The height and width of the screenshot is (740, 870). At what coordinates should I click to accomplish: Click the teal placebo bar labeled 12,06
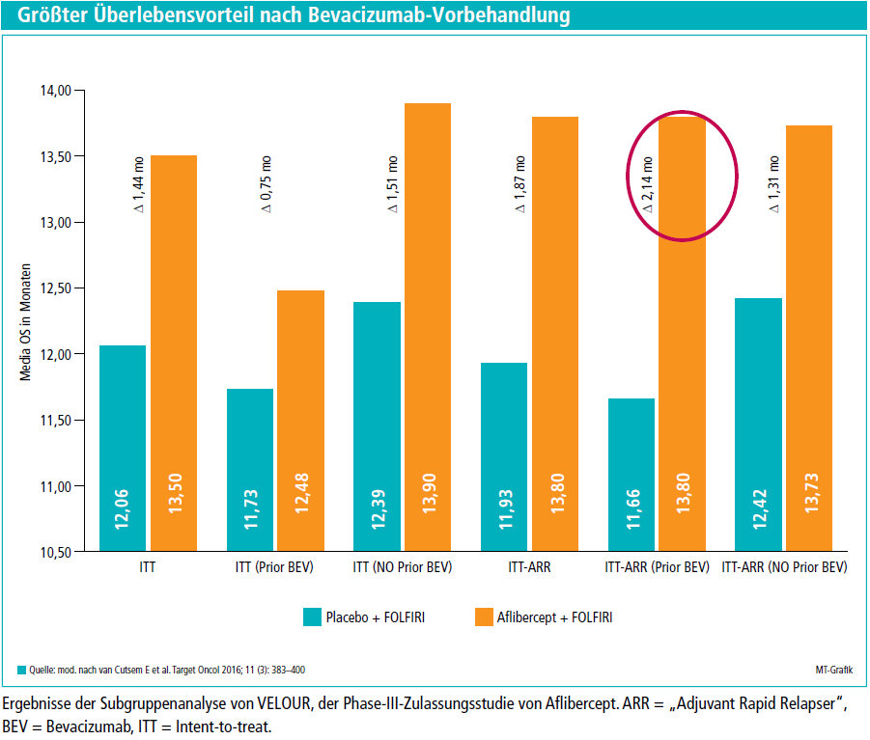coord(123,448)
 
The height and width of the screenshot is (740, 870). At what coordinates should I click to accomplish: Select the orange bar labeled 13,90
coord(428,327)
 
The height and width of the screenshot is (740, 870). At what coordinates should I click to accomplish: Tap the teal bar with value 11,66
coord(631,475)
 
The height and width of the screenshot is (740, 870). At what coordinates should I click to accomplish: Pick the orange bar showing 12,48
coord(300,421)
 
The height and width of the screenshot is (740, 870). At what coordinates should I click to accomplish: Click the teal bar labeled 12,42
coord(759,425)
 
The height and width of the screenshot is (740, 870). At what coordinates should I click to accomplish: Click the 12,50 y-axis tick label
coord(55,288)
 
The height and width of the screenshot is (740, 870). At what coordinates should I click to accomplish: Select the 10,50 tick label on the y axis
coord(55,553)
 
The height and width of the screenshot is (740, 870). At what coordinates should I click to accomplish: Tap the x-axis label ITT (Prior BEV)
coord(274,567)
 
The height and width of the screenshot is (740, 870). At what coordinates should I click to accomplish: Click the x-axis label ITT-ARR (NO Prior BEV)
coord(784,567)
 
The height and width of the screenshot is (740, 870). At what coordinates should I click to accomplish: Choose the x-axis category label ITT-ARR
coord(529,567)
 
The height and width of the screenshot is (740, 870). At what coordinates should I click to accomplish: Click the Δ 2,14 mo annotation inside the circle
coord(647,184)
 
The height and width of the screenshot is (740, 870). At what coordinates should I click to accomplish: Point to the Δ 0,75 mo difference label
coord(266,184)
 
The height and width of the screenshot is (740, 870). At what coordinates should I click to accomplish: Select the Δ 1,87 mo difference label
coord(519,184)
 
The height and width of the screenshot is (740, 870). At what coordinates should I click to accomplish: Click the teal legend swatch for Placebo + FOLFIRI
coord(313,617)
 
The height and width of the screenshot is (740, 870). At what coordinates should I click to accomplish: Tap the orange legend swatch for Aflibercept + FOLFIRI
coord(484,617)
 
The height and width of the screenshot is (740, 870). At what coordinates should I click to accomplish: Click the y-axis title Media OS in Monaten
coord(25,322)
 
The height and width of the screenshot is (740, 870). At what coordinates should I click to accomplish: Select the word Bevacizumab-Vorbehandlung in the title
coord(439,14)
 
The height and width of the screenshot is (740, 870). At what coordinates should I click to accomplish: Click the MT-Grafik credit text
coord(834,671)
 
